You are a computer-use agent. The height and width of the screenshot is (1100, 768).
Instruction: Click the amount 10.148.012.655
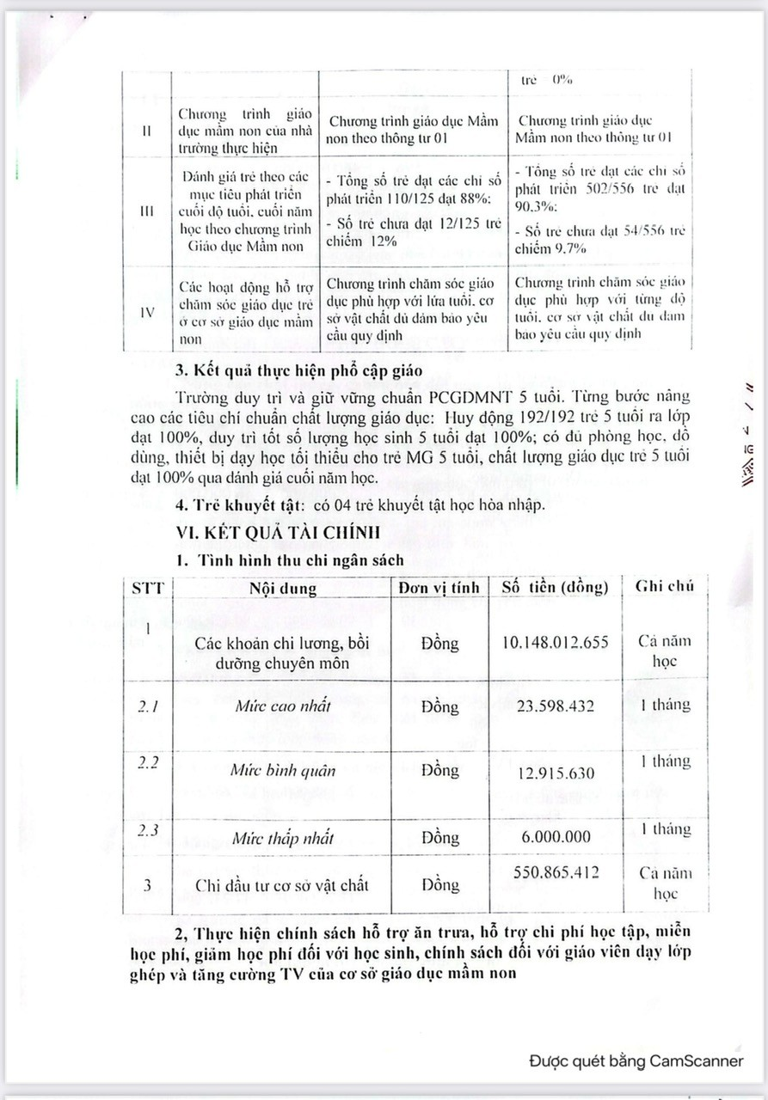(x=555, y=644)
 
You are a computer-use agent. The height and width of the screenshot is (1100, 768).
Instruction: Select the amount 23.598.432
(x=555, y=706)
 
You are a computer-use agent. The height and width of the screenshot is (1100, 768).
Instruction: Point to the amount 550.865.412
(x=555, y=871)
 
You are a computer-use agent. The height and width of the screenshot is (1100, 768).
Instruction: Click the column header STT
(x=147, y=588)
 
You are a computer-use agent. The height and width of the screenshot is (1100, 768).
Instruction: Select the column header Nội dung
(x=282, y=589)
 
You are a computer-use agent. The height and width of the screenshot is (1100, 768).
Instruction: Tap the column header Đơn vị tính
(x=439, y=588)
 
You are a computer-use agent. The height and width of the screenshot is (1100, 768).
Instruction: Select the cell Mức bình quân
(x=282, y=770)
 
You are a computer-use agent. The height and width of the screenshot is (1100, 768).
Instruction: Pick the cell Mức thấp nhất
(x=282, y=838)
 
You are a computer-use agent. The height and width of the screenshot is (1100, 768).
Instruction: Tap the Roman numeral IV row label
(x=147, y=313)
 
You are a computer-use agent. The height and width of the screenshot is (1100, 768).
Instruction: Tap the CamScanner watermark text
(x=636, y=1060)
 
